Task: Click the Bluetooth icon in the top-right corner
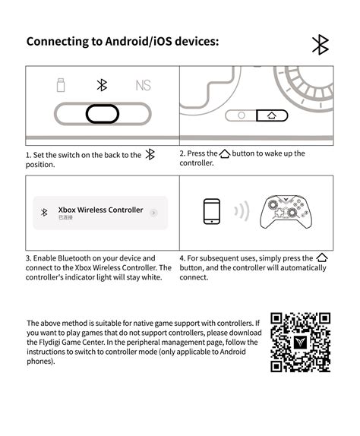320,45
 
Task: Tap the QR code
301,342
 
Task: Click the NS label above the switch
143,85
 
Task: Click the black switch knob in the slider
102,114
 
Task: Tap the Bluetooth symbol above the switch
102,85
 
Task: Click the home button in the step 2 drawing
271,116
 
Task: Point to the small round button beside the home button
242,116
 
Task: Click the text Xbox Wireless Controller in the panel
100,210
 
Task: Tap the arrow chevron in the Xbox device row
154,213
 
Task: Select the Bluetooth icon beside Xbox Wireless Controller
44,213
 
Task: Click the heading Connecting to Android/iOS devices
122,41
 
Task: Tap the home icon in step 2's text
224,153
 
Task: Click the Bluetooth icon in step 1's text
150,154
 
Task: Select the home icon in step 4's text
321,258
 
